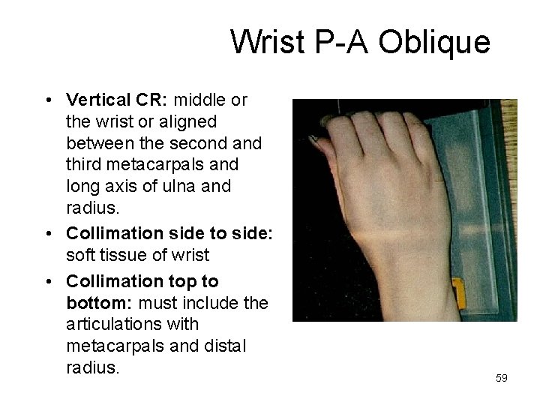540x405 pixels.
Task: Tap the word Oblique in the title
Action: [x=433, y=42]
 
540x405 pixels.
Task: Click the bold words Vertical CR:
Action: [x=116, y=100]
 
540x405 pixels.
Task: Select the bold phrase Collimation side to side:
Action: [x=169, y=233]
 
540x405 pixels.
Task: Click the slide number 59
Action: [x=502, y=378]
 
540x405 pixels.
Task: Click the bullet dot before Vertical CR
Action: [x=47, y=100]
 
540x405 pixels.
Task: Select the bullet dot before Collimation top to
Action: [x=47, y=282]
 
